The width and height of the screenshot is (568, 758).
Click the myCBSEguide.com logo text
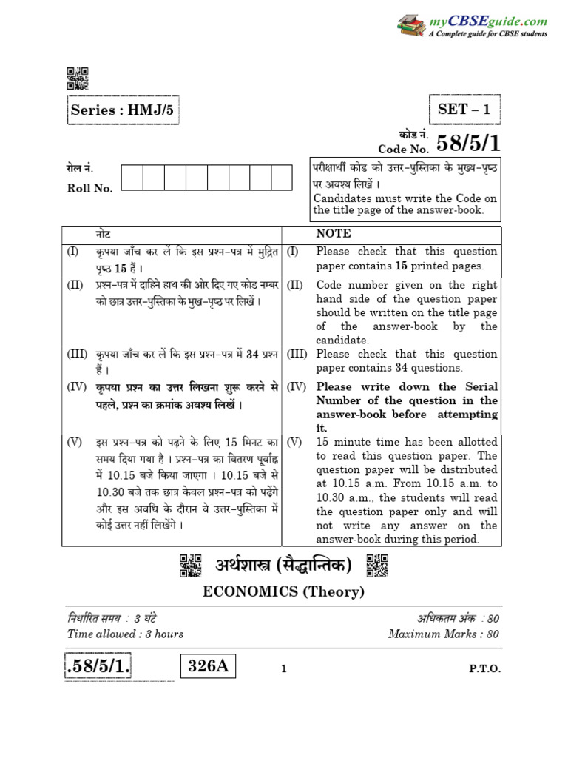[488, 22]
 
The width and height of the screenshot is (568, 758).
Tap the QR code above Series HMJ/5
[78, 78]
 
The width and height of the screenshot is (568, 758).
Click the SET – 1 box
[464, 110]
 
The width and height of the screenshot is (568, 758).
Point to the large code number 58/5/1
[468, 144]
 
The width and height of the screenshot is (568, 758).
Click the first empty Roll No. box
[132, 178]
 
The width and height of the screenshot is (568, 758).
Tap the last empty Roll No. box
[282, 178]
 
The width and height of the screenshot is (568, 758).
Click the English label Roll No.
[89, 188]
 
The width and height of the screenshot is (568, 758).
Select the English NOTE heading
[333, 233]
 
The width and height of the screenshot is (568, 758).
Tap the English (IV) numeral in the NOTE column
[296, 387]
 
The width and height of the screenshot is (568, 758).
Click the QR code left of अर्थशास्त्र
[191, 566]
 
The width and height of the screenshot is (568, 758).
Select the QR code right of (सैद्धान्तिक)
[376, 566]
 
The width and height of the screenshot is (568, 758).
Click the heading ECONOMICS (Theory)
[283, 591]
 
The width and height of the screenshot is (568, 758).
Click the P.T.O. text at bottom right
[484, 668]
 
